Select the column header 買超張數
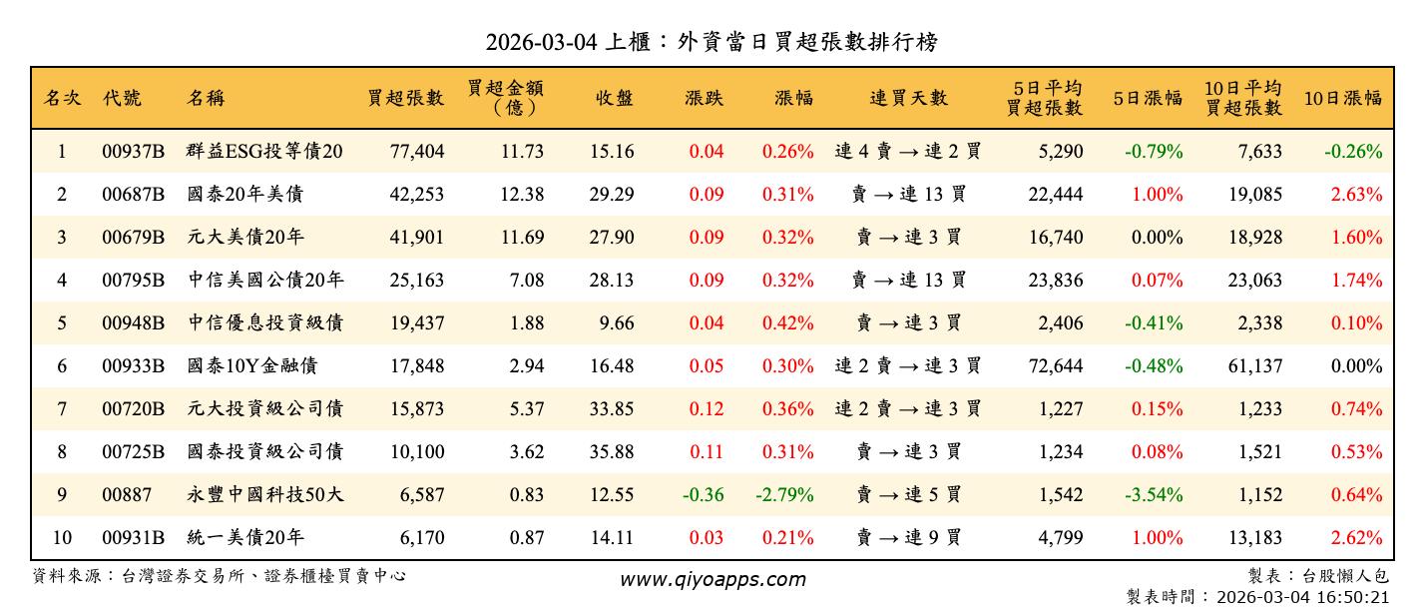click(405, 98)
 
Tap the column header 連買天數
click(908, 98)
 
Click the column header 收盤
click(615, 98)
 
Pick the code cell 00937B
click(133, 152)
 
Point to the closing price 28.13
click(611, 281)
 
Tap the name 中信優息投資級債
click(265, 323)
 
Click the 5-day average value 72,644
click(1055, 366)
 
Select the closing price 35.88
click(611, 452)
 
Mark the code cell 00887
click(123, 495)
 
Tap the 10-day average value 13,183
click(1254, 538)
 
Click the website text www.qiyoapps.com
click(712, 579)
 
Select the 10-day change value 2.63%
click(1356, 195)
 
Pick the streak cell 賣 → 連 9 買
click(908, 538)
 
